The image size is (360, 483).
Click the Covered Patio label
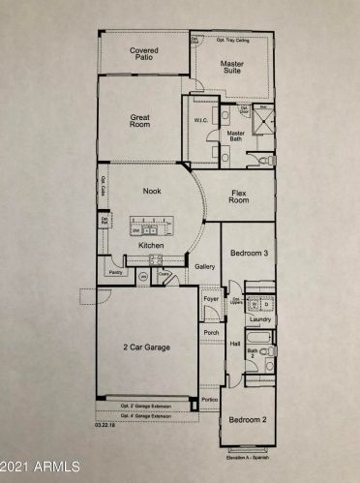point(144,53)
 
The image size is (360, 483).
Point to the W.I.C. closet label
point(202,121)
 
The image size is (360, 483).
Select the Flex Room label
point(239,197)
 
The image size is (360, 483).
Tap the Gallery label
point(204,265)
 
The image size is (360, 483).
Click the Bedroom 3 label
point(248,253)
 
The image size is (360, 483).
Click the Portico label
point(210,398)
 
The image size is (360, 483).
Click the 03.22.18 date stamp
point(106,424)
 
